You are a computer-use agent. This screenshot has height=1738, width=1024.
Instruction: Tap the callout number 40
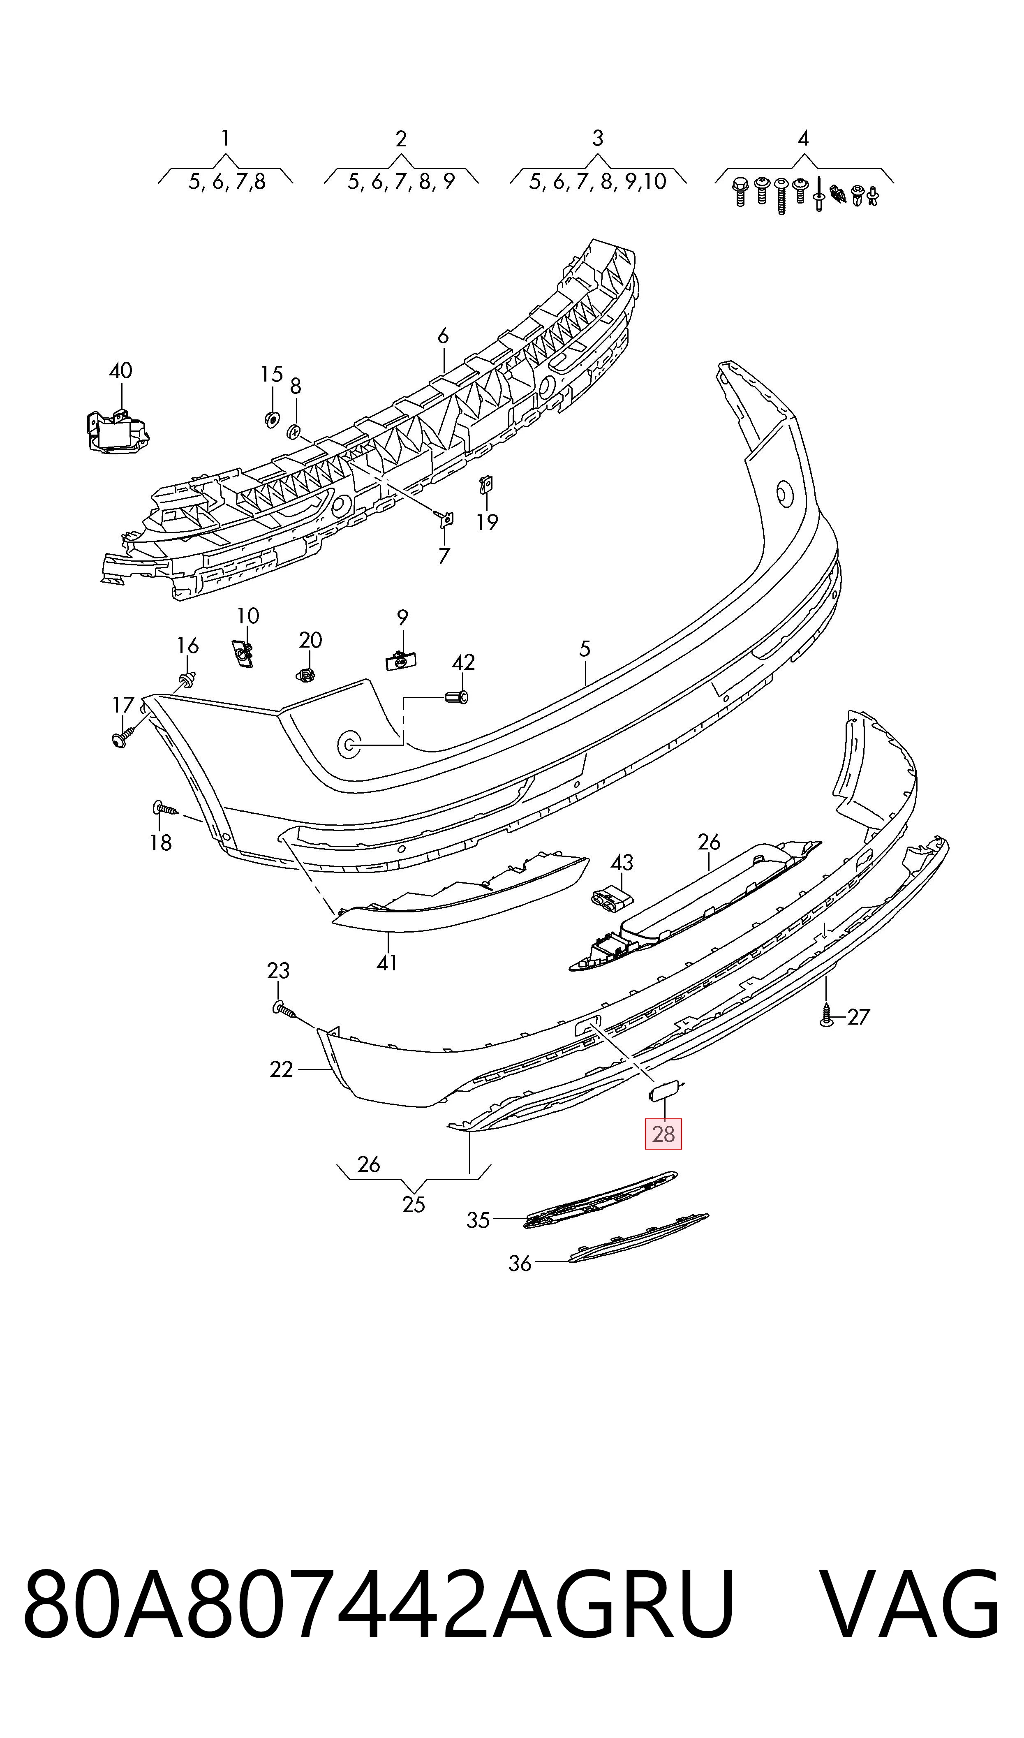point(121,370)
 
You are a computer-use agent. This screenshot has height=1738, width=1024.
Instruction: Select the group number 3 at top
point(598,138)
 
